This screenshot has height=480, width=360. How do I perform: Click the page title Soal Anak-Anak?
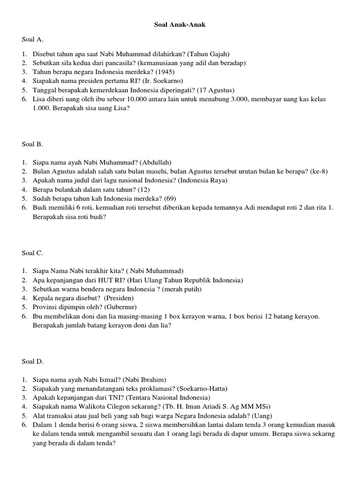pos(180,25)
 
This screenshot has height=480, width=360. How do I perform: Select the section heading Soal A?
pos(32,40)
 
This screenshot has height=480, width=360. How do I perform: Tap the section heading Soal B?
pos(32,144)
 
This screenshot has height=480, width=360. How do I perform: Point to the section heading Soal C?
pos(32,253)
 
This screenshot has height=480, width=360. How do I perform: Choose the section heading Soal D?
pos(32,361)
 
